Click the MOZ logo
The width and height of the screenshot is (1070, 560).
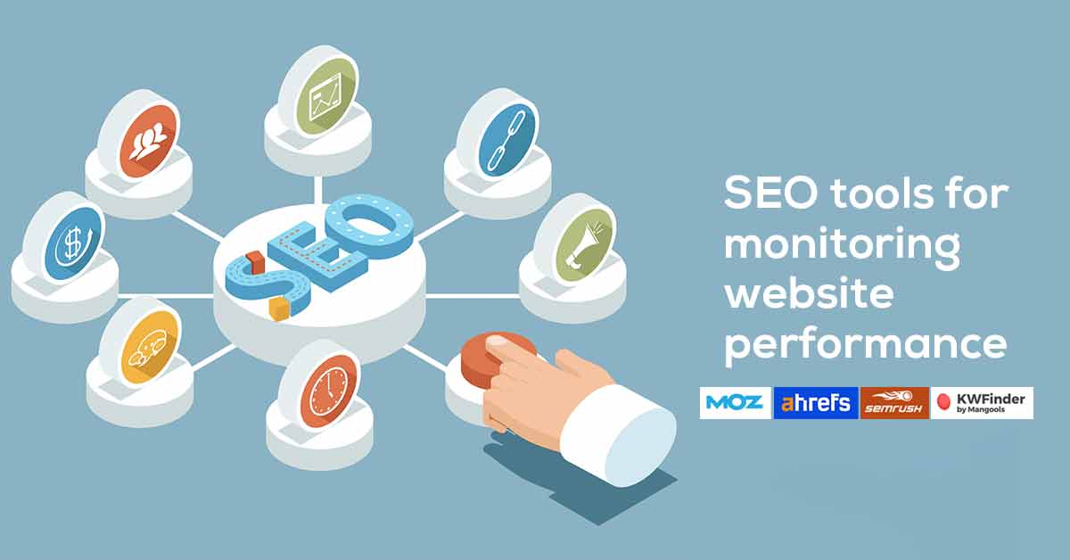click(735, 402)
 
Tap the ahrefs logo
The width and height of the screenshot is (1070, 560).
click(816, 402)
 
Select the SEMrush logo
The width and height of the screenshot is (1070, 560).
click(894, 403)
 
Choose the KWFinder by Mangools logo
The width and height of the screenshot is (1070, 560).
click(982, 403)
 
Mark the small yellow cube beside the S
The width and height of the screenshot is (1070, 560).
click(280, 309)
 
